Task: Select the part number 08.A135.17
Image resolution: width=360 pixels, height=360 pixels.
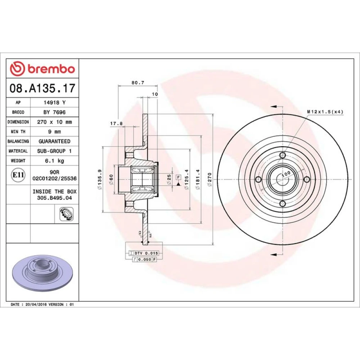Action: pos(42,88)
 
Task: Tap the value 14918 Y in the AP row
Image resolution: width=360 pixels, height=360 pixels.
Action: pos(54,102)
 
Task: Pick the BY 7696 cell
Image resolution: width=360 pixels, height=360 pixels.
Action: pos(54,112)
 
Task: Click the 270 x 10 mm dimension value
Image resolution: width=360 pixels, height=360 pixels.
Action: pos(54,122)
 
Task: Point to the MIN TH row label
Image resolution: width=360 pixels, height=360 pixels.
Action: pos(18,131)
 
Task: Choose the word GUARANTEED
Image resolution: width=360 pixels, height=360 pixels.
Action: pos(54,141)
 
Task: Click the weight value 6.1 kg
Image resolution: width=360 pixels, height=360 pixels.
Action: pos(54,161)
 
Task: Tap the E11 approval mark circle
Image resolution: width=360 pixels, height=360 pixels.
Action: pos(18,175)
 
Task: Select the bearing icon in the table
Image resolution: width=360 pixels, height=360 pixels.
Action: pos(67,214)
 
